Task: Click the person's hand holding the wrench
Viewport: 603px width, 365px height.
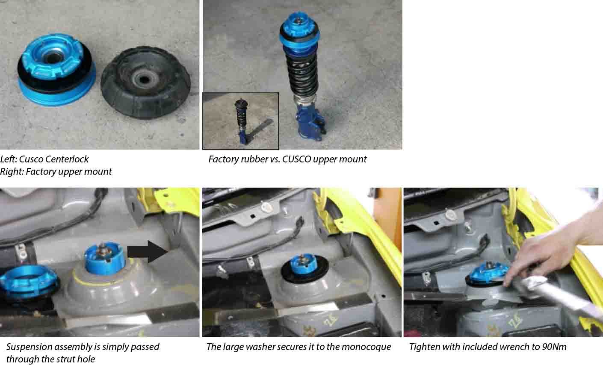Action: tap(541, 252)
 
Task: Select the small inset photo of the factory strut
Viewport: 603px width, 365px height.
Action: tap(240, 121)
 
